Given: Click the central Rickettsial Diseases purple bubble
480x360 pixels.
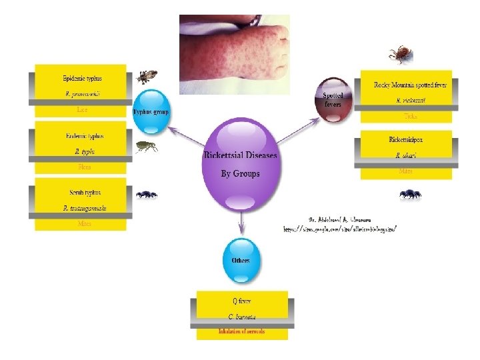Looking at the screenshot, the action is [240, 163].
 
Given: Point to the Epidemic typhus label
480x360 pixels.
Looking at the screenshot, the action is [83, 78].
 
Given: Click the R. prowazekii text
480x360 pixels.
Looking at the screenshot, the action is [83, 94].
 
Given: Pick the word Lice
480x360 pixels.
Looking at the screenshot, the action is [82, 109].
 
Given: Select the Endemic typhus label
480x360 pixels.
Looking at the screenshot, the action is [83, 136].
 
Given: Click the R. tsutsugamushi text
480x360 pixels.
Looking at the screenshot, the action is [83, 208].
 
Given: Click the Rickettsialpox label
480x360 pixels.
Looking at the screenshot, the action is [406, 140].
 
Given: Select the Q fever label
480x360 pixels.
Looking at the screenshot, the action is [241, 301].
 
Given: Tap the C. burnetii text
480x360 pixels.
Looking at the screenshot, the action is [241, 316].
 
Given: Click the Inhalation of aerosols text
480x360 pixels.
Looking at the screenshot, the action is [241, 331].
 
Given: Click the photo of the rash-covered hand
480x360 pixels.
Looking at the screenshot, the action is [234, 53].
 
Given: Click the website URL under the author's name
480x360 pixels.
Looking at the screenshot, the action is [341, 228].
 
